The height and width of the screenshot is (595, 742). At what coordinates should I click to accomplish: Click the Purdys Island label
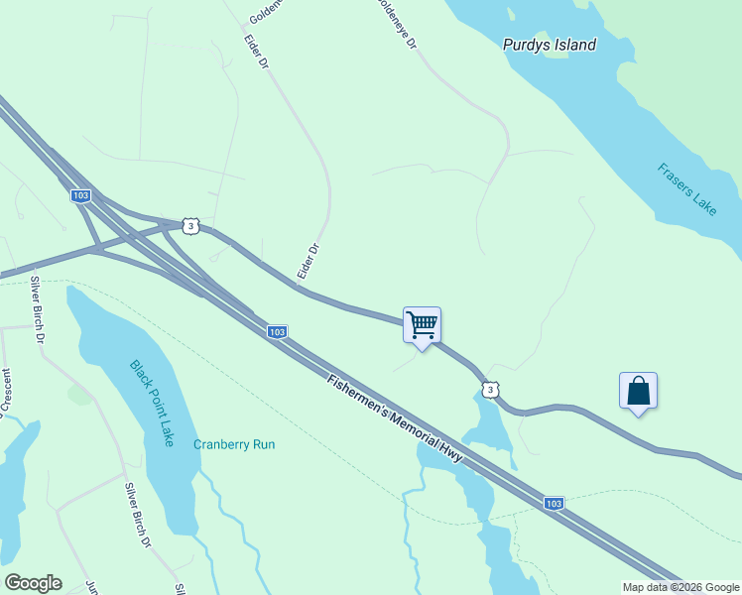[x=549, y=45]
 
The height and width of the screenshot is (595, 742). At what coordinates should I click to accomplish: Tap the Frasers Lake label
[x=686, y=188]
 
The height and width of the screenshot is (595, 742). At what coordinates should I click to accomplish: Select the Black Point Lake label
[x=152, y=403]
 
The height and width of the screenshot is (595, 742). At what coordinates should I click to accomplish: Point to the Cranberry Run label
[x=234, y=444]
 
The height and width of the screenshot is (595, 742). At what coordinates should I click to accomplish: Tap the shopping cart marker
[x=422, y=324]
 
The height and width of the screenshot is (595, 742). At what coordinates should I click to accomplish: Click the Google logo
[x=33, y=582]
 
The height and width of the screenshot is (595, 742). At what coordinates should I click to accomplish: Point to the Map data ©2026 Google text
[x=680, y=587]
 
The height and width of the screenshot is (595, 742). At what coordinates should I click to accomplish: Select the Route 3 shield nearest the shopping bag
[x=490, y=390]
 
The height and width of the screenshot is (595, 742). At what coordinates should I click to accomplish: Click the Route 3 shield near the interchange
[x=191, y=226]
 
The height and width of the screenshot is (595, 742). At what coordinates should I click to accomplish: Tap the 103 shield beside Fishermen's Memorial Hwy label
[x=277, y=331]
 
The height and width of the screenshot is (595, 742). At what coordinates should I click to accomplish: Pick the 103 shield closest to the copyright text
[x=554, y=504]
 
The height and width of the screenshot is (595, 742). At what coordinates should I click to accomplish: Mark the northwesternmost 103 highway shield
[x=81, y=196]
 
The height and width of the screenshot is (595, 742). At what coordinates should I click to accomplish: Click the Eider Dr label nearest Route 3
[x=309, y=261]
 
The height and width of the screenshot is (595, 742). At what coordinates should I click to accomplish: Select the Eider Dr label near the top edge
[x=256, y=52]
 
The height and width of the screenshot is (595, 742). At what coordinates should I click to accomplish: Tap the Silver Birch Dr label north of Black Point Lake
[x=38, y=310]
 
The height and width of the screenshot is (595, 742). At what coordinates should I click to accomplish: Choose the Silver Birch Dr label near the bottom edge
[x=137, y=515]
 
